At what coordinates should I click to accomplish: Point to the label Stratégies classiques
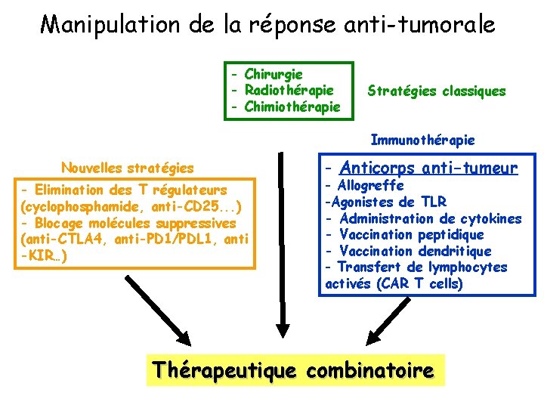[436, 91]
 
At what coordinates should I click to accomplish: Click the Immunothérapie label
[422, 140]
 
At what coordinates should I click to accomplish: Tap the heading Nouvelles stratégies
[127, 168]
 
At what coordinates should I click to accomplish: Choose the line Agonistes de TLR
[385, 202]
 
